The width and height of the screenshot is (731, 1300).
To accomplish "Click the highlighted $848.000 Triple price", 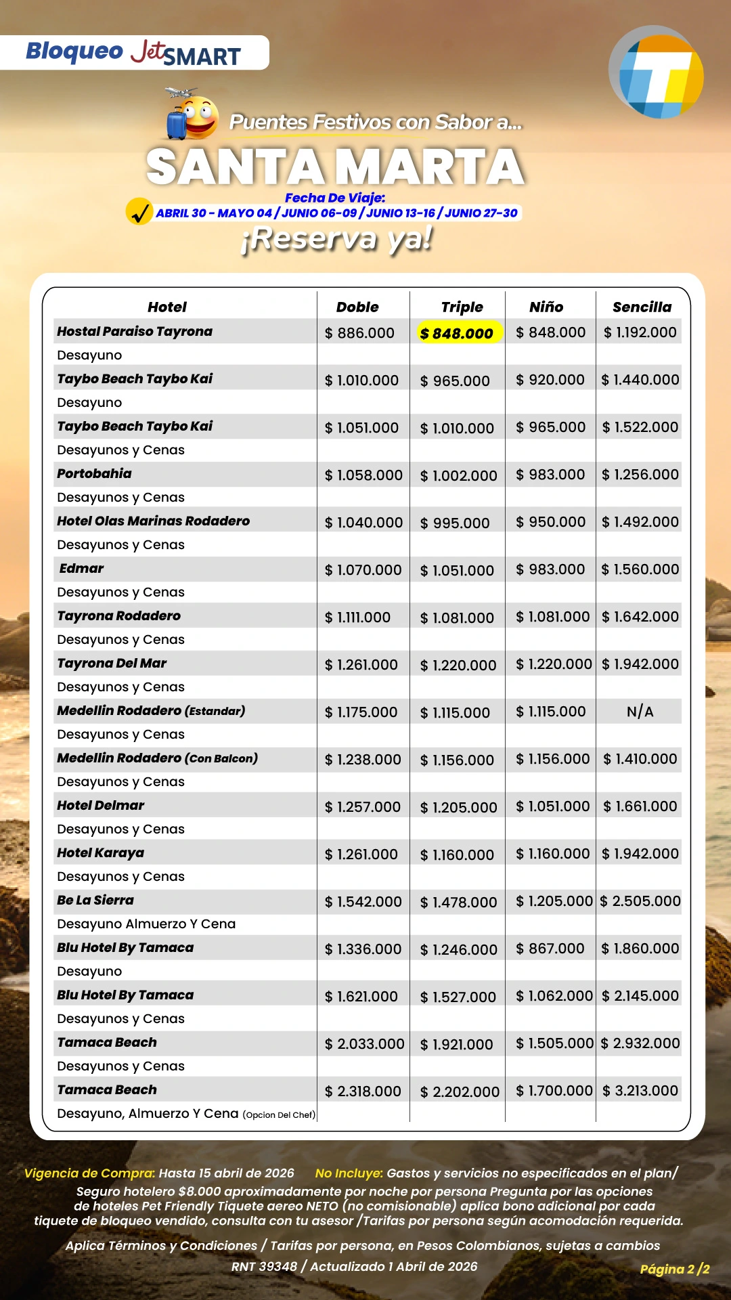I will tap(458, 332).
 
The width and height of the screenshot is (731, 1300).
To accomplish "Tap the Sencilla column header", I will tap(642, 307).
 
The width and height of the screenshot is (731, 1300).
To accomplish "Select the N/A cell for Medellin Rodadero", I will tap(640, 712).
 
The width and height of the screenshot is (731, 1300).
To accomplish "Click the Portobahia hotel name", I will tap(94, 473).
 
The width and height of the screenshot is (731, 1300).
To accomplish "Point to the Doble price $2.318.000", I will tap(363, 1091).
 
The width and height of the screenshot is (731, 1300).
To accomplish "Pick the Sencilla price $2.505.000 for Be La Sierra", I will tap(640, 901).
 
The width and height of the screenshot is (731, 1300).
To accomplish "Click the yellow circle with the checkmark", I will tap(139, 212).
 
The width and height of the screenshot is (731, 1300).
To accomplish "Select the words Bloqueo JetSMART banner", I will tap(133, 53).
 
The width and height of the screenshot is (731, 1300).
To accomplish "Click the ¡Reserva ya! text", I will tap(336, 239).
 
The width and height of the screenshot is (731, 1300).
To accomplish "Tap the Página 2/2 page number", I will tap(674, 1269).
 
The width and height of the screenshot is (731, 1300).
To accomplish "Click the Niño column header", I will tap(546, 307).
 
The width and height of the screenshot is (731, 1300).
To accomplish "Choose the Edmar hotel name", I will tap(81, 568).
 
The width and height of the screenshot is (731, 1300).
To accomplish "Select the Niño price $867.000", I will tap(550, 949).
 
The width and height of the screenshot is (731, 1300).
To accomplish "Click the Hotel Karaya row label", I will tap(100, 852).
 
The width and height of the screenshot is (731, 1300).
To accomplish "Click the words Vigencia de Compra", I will tap(89, 1173).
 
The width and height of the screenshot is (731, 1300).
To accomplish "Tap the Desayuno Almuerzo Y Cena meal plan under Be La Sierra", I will tap(146, 924).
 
